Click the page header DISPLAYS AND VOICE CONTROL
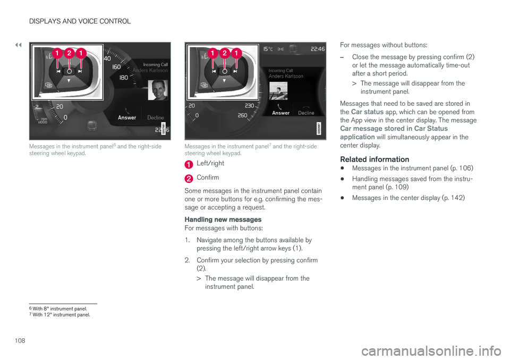(x=79, y=21)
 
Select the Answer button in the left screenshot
(x=126, y=118)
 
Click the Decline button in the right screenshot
(x=306, y=113)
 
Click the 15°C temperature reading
(x=267, y=48)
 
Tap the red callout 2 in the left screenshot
(x=69, y=53)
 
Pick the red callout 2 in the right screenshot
(x=224, y=53)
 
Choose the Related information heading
(x=375, y=159)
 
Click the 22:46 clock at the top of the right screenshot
(x=317, y=48)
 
